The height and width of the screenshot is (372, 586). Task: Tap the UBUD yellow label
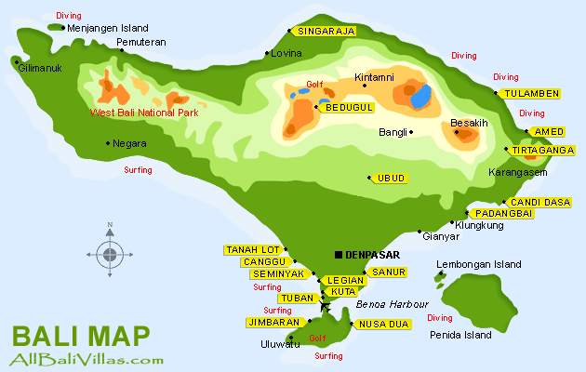click(391, 177)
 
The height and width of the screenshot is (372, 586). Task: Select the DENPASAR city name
click(372, 254)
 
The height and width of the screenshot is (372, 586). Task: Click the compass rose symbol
click(110, 253)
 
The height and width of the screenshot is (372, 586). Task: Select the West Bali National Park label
click(144, 113)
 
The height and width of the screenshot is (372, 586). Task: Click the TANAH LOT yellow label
click(253, 249)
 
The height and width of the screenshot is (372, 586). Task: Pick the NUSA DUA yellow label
click(383, 324)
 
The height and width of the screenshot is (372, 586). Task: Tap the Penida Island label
click(459, 334)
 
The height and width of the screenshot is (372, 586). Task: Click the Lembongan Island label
click(479, 264)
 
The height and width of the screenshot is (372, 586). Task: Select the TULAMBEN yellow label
click(531, 93)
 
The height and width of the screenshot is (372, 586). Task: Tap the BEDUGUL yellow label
click(349, 108)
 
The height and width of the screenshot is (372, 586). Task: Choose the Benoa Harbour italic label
click(392, 304)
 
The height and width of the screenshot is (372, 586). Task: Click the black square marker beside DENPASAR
click(338, 254)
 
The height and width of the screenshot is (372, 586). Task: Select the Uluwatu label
click(280, 344)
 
